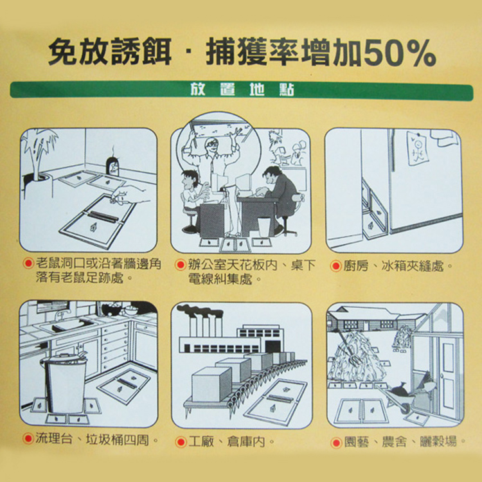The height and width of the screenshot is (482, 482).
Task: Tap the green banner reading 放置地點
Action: point(241,90)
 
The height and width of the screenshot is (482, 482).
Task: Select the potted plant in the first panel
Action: point(37,163)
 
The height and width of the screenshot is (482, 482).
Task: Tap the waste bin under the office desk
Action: point(263,227)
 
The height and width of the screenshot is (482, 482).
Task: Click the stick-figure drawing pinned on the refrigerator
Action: point(418,148)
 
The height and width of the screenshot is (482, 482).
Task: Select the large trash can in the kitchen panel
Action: point(64,383)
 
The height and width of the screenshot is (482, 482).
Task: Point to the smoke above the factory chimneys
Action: point(200,310)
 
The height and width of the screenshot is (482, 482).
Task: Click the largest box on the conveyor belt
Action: point(211,384)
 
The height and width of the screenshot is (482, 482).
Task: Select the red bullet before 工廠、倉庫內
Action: point(181,442)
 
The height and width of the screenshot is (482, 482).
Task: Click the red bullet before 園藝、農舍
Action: point(336,443)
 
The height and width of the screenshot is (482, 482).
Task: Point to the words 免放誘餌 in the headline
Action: point(110,51)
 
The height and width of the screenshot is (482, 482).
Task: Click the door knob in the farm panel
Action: point(442,376)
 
